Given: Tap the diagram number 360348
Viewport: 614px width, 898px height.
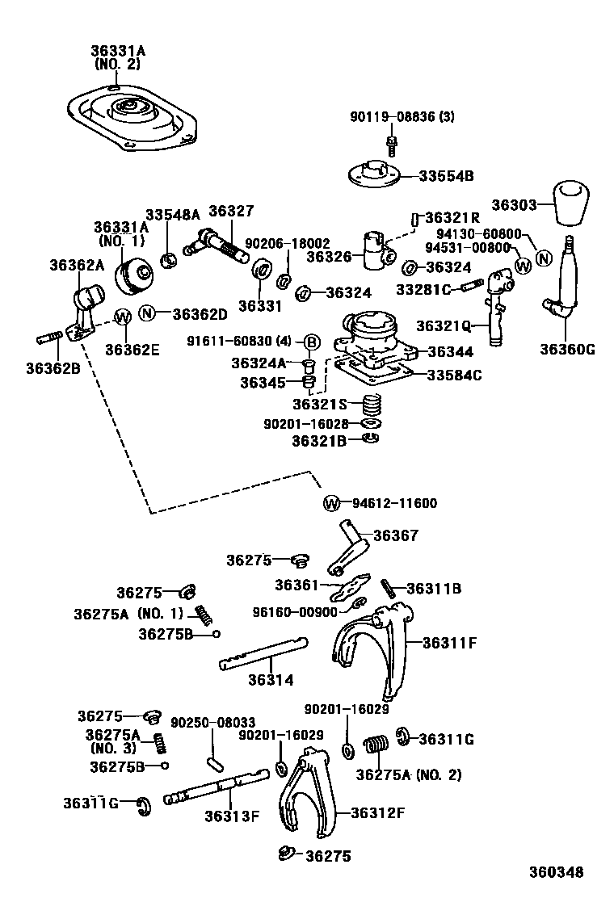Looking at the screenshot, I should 556,872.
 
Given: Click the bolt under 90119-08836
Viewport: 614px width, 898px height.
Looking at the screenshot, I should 392,145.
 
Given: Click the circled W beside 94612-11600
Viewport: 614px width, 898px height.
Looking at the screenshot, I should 331,503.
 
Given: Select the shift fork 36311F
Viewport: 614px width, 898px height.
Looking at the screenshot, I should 373,646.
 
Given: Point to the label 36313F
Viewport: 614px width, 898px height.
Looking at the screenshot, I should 231,815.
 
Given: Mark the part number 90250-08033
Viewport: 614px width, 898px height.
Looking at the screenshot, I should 212,721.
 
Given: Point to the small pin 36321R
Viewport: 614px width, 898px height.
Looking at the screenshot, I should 415,219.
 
